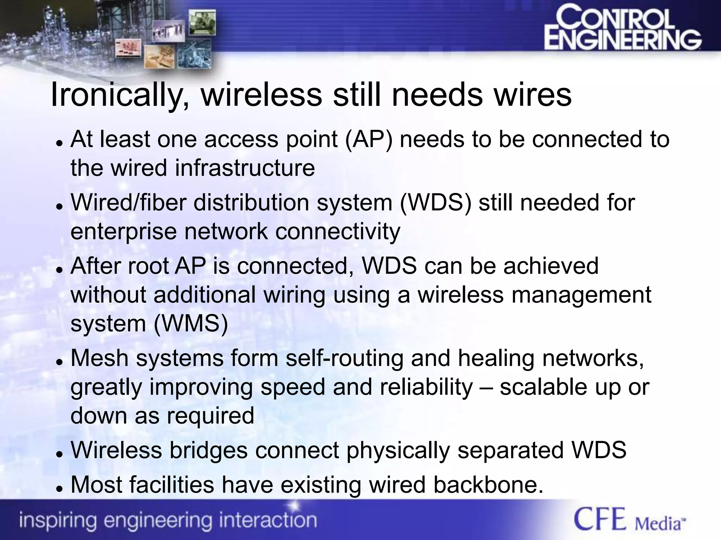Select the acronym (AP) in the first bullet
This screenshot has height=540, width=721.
coord(368,139)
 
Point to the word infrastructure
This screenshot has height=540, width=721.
coord(245,168)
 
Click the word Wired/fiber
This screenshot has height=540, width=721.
coord(128,203)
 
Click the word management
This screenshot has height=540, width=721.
coord(581,295)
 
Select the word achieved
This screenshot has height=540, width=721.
coord(551,266)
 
